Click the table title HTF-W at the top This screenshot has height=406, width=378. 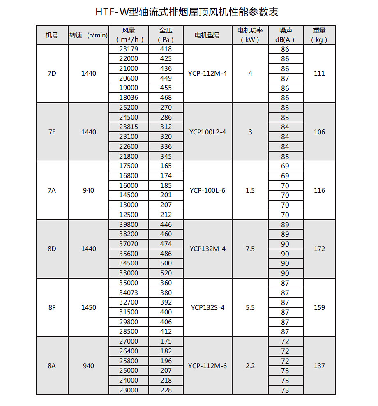[189, 12]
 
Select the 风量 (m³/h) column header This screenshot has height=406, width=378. [129, 35]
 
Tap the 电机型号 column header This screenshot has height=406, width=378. [207, 35]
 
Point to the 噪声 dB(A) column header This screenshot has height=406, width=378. [285, 35]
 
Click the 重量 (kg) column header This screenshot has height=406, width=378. [319, 35]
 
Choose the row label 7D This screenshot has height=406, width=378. [52, 74]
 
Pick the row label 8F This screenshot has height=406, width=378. [52, 307]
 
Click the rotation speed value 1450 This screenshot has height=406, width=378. [89, 307]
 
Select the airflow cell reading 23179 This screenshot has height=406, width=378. [129, 49]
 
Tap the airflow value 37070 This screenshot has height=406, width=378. [129, 244]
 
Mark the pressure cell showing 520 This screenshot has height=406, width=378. [166, 273]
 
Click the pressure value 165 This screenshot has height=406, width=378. [166, 166]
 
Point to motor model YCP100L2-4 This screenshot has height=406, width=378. [207, 132]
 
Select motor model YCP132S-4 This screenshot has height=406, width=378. [207, 307]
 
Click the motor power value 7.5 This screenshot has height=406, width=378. [250, 249]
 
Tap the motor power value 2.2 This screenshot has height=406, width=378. [250, 366]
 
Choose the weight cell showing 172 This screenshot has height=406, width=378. [319, 249]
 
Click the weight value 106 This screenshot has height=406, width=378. [319, 132]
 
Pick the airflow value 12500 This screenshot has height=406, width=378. [129, 215]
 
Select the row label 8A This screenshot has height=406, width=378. [52, 366]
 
